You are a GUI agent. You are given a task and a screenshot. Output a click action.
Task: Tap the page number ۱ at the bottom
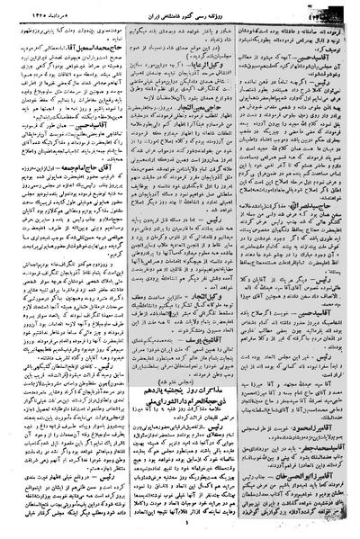point(180,530)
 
